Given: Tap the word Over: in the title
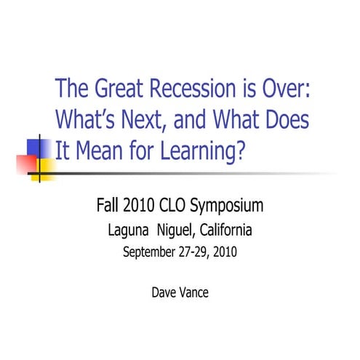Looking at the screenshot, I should (x=290, y=90).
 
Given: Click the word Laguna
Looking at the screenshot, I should (x=129, y=231).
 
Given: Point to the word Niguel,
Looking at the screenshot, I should (x=175, y=231).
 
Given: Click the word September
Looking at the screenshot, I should (x=148, y=254).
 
